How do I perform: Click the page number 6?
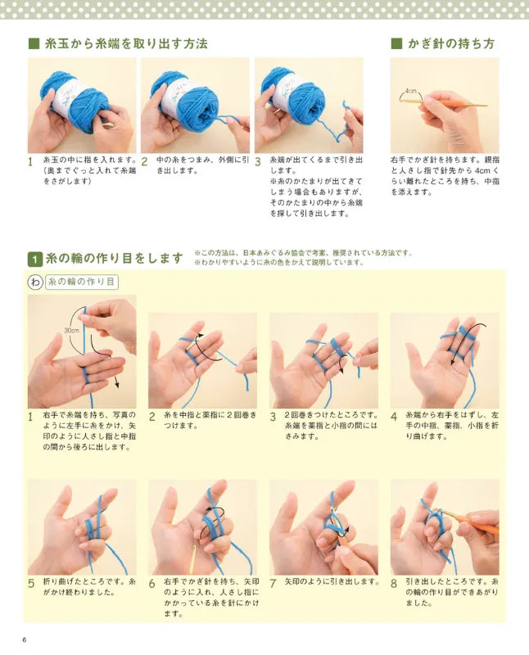(x=25, y=639)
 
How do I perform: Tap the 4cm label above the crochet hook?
(x=411, y=91)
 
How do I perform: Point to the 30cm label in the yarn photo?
(x=71, y=330)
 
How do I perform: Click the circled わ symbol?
(x=35, y=282)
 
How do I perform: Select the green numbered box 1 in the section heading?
(x=35, y=260)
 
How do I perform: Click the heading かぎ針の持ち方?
(x=451, y=43)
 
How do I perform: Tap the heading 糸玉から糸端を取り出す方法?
(x=126, y=43)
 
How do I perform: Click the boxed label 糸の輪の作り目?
(x=82, y=282)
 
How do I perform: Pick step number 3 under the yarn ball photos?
(x=258, y=161)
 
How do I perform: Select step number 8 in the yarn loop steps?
(x=394, y=584)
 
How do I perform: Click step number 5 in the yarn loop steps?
(x=31, y=584)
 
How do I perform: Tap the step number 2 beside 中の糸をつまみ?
(x=144, y=161)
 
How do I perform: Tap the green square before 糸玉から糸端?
(x=34, y=43)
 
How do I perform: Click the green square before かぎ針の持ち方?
(x=396, y=43)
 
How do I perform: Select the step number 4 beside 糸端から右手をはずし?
(x=394, y=417)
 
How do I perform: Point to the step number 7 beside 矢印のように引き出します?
(x=273, y=584)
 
